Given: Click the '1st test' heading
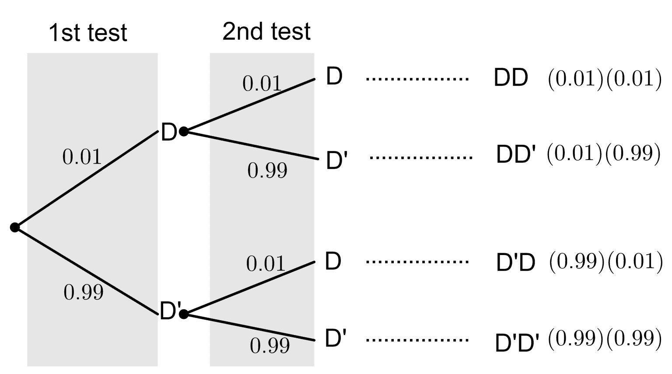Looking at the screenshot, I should point(87,33).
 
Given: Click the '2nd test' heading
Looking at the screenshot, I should point(266,31).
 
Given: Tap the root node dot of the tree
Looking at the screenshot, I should point(15,227).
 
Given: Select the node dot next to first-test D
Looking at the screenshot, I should point(184,131).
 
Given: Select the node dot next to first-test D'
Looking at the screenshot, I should point(184,314).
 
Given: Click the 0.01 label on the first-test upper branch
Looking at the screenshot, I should point(82,157).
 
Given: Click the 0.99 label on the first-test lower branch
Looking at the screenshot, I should point(84,292).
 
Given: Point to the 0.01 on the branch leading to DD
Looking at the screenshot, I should point(262,83).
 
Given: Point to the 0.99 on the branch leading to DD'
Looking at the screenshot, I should point(267,170).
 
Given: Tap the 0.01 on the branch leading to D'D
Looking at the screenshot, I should point(266,263).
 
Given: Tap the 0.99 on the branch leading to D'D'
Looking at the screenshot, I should point(270,345).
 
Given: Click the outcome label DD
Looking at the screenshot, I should point(511,78).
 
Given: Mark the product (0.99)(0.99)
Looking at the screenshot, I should point(604,338).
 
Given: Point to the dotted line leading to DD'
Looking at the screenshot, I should point(421,157).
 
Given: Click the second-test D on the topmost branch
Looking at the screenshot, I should point(334,77).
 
